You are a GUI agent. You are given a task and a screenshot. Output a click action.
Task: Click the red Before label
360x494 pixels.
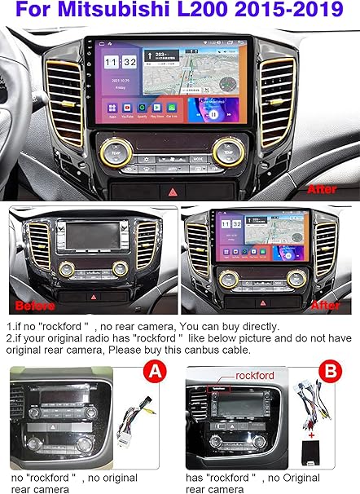coord(34,306)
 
